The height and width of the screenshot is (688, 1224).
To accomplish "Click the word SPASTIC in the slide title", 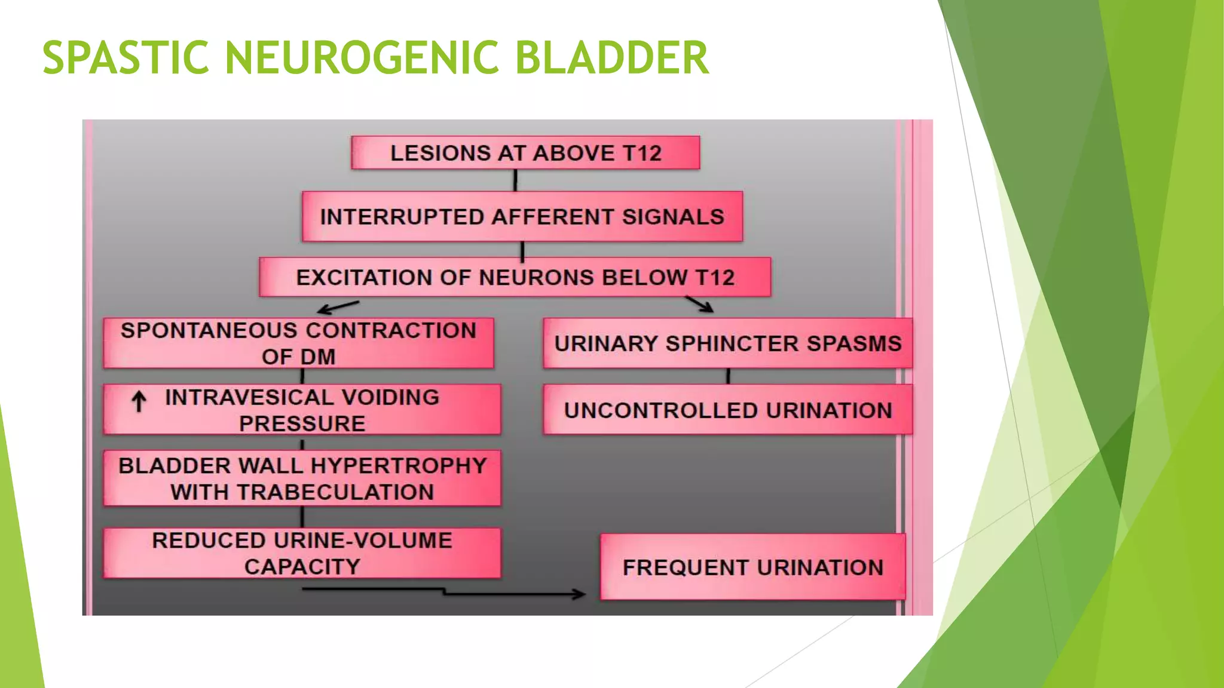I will pos(126,58).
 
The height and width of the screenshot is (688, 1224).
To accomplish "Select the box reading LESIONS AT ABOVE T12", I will pos(525,153).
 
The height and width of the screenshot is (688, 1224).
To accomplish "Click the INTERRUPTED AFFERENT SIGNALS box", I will pos(522,217).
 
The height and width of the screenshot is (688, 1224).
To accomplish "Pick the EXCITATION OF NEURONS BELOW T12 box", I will pos(515,277).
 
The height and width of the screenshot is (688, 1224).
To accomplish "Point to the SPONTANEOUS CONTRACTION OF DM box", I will pos(298,343).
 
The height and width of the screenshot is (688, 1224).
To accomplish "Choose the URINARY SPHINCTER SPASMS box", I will pos(727,343).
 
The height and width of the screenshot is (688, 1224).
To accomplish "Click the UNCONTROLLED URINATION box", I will pos(727,410).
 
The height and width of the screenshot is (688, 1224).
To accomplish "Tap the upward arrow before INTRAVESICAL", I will pos(139,401).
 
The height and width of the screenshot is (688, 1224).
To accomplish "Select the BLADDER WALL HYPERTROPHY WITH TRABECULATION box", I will pos(302,478).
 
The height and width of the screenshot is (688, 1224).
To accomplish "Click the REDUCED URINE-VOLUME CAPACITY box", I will pos(302,553).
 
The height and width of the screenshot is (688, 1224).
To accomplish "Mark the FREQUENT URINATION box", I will pos(752,567).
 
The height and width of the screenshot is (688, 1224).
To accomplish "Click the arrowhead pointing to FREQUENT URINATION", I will pos(579,594).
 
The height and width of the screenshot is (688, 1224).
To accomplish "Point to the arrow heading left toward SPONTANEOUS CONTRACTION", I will pos(338,307).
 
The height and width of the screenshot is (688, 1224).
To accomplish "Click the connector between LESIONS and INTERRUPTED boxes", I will pos(515,180).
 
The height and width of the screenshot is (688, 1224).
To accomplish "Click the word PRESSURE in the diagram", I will pos(302,423).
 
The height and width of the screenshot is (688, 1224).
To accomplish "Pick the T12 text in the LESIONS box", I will pos(642,153).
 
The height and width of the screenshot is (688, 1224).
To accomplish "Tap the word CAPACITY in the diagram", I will pos(302,567).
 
